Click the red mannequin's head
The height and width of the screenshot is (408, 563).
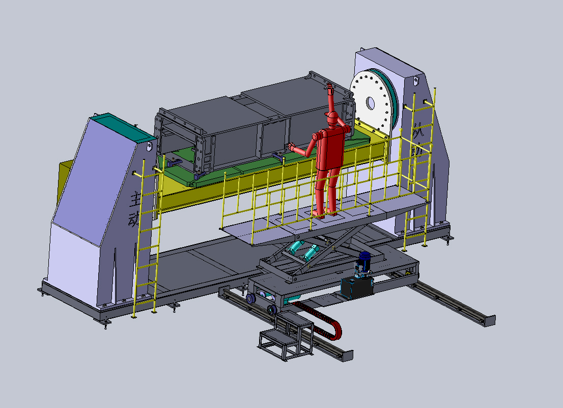(x=332, y=119)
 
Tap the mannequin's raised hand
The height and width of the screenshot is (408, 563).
(x=329, y=90)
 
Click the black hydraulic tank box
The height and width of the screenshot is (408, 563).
(x=356, y=288)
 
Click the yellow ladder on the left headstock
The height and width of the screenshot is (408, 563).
(x=146, y=239)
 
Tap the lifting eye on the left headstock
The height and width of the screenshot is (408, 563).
(x=150, y=146)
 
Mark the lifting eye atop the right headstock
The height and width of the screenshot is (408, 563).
(x=416, y=80)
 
